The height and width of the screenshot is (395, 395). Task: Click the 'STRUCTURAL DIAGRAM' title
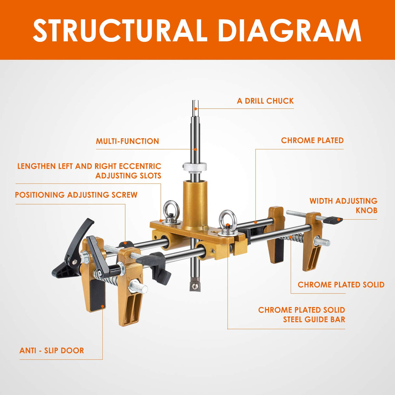(197, 31)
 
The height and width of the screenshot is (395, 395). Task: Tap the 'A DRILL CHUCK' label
(265, 101)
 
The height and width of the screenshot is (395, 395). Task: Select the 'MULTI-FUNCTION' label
(127, 141)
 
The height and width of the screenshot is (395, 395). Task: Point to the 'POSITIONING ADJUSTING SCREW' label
(76, 195)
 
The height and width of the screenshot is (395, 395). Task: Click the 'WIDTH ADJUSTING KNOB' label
(343, 205)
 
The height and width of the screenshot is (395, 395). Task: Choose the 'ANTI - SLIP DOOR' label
(52, 350)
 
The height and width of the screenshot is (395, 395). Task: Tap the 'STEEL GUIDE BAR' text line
(314, 320)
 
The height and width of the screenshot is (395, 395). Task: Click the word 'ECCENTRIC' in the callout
(140, 166)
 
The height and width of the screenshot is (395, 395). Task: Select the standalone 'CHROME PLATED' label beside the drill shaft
(312, 141)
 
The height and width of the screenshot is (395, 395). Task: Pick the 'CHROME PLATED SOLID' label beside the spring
(341, 285)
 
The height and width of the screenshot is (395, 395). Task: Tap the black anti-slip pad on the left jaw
(97, 294)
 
